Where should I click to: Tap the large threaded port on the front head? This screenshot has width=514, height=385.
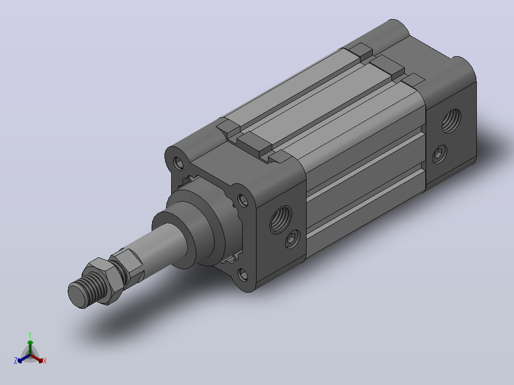click(x=281, y=220)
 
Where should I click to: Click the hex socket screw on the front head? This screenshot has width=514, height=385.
click(x=292, y=239)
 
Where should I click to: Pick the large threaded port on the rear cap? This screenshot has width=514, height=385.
click(x=452, y=121)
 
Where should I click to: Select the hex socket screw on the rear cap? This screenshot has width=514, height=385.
click(x=440, y=154)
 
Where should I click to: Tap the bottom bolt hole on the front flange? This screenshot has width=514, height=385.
click(x=243, y=274)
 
